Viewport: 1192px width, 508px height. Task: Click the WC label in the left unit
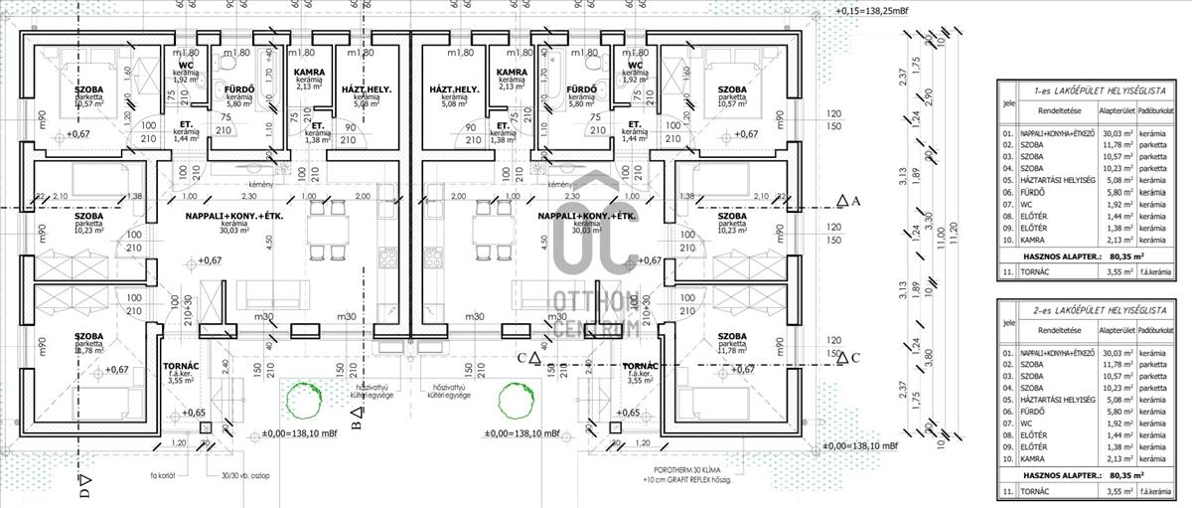pyautogui.click(x=186, y=66)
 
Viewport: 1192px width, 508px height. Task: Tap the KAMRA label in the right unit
pyautogui.click(x=512, y=73)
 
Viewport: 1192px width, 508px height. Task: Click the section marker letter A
pyautogui.click(x=854, y=200)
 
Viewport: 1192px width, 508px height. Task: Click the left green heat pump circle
pyautogui.click(x=301, y=401)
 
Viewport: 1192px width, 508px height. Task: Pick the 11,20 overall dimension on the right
pyautogui.click(x=956, y=232)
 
